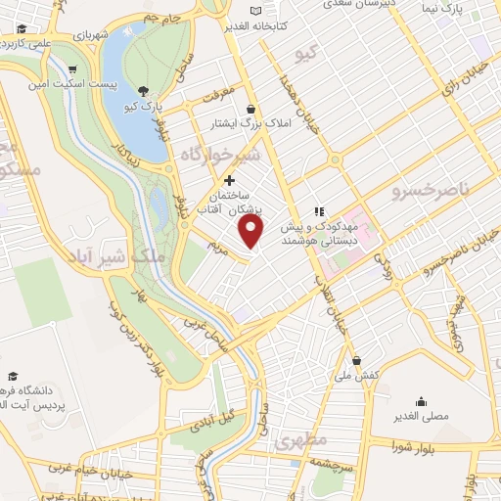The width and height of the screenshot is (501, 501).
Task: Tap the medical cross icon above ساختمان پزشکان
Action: (x=230, y=180)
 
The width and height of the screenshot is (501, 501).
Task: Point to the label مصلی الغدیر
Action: (x=420, y=415)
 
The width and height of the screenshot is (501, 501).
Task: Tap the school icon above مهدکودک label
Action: (x=318, y=211)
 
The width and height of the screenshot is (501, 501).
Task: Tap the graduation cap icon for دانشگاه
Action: (x=13, y=377)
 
